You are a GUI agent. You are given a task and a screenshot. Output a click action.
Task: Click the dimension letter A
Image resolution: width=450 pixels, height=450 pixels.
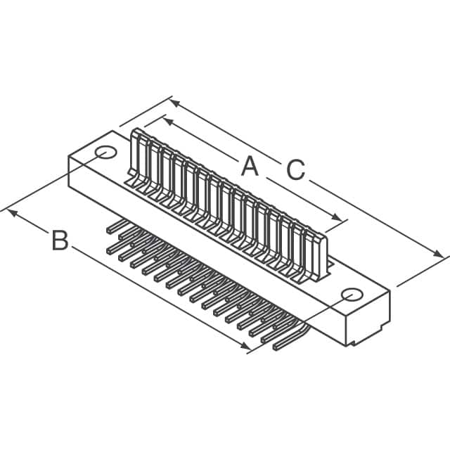pyautogui.click(x=249, y=167)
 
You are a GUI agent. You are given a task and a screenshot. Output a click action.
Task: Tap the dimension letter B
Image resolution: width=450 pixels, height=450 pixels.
pyautogui.click(x=60, y=240)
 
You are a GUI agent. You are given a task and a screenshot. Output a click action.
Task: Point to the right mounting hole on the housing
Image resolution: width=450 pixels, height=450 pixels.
pyautogui.click(x=349, y=295)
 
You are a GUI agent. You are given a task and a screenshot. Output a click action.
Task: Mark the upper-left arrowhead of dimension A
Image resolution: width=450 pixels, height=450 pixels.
pyautogui.click(x=167, y=120)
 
